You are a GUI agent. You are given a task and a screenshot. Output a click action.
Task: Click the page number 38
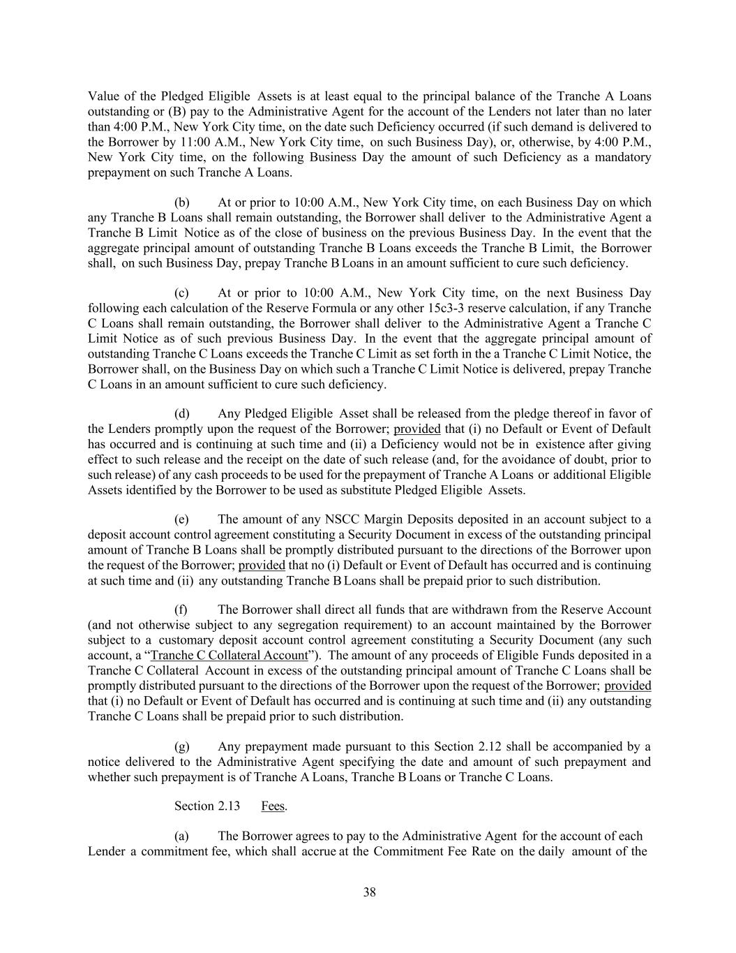click(369, 892)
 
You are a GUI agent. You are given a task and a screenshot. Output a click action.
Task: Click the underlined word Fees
click(273, 806)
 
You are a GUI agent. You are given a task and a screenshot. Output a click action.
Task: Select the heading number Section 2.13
click(207, 806)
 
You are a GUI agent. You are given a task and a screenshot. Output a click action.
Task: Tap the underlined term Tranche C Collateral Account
click(229, 655)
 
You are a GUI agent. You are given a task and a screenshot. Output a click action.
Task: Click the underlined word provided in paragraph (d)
click(416, 429)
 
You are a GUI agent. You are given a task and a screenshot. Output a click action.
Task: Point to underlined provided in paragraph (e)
click(262, 565)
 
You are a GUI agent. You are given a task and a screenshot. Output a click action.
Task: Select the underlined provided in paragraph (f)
click(627, 686)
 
